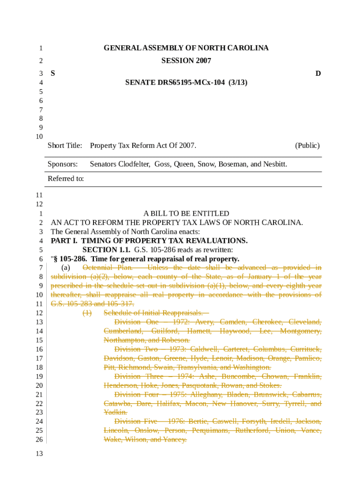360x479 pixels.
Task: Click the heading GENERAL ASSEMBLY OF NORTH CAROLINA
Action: click(186, 48)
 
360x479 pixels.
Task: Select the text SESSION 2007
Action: click(186, 61)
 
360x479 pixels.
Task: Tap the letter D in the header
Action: click(318, 73)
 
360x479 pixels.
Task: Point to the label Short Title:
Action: click(65, 145)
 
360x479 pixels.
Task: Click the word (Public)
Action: click(307, 145)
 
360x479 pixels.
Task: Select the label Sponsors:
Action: click(63, 164)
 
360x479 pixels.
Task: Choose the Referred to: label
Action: click(66, 178)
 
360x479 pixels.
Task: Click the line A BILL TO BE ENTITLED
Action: click(186, 213)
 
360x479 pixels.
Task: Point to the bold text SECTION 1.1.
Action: click(106, 250)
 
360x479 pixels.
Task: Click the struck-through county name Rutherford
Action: click(252, 430)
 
